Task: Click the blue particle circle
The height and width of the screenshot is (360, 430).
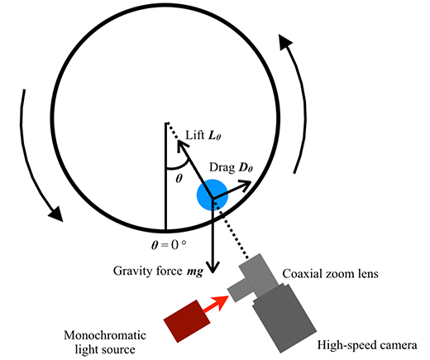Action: pos(213,194)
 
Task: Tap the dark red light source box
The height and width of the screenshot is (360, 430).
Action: pos(187,321)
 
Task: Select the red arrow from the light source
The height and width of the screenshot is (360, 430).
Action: pos(216,304)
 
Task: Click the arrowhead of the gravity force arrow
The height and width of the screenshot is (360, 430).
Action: pos(213,267)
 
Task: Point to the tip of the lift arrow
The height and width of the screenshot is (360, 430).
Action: pos(178,141)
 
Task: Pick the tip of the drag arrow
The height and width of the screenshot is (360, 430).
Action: pos(251,181)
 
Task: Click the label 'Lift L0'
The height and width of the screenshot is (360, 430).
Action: pos(203,135)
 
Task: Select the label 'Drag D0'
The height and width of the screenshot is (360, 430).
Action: pos(231,167)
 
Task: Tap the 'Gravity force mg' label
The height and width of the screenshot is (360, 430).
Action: pos(159,271)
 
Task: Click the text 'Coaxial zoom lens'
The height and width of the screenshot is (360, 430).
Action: pos(330,274)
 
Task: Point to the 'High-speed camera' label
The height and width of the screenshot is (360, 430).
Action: pos(367,345)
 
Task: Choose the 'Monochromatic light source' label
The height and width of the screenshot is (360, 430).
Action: pos(105,343)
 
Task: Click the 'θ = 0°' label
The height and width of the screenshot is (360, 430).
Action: pos(169,244)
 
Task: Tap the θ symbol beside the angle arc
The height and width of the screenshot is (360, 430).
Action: pos(179,179)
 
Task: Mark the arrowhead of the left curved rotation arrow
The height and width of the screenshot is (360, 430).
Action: pos(56,214)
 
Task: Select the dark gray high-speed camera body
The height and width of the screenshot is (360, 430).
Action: pos(284,318)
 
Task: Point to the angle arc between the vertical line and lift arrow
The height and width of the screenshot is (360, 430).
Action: pos(179,166)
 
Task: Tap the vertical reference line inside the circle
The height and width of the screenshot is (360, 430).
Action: pos(166,176)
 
